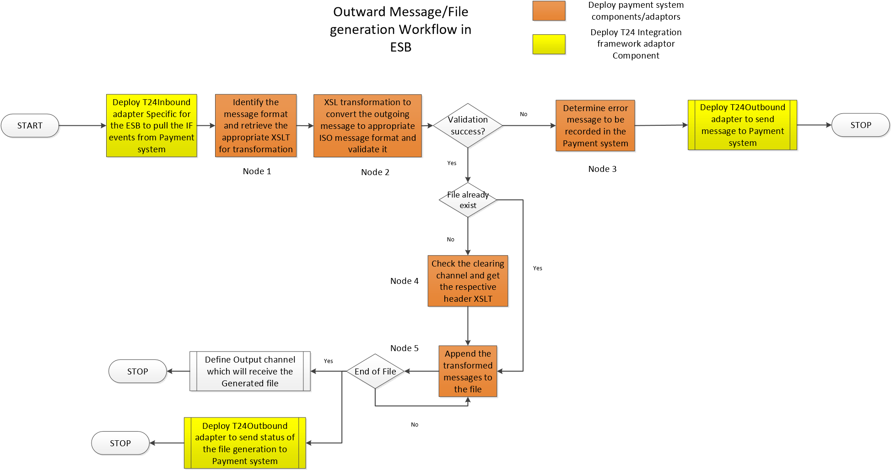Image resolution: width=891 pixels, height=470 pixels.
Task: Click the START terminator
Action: point(30,126)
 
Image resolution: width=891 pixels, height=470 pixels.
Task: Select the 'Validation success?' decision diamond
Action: point(468,126)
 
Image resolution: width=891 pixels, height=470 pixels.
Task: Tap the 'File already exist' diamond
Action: point(468,200)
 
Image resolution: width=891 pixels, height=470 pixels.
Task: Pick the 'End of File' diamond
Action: point(375,371)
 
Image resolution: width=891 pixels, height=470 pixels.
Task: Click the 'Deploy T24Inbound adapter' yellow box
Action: point(151,126)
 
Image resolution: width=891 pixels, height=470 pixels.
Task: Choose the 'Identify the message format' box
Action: point(256,126)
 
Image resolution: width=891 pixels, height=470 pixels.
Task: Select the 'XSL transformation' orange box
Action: point(367,126)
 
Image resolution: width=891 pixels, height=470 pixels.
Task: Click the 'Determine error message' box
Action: point(595,126)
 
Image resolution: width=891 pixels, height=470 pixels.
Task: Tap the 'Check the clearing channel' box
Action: point(468,281)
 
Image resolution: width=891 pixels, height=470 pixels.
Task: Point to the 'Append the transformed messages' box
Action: point(468,371)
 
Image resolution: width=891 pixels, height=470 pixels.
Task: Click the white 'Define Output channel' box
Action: point(250,371)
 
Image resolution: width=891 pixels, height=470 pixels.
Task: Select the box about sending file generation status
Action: point(245,443)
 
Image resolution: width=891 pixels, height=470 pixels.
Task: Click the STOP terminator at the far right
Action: point(860,125)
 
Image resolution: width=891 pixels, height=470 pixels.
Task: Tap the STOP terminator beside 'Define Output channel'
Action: point(138,371)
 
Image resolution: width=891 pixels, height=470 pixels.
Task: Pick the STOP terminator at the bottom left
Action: point(120,443)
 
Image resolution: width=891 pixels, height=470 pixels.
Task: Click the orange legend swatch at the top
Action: point(549,11)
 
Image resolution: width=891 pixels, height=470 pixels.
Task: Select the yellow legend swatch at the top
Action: point(549,45)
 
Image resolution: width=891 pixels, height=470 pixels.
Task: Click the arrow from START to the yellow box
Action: point(82,125)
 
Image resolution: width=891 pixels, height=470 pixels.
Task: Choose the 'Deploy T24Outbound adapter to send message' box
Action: point(742,125)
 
